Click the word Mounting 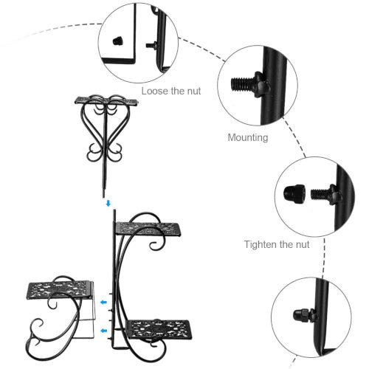point(248,137)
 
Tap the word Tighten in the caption point(261,245)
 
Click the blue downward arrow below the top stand point(108,203)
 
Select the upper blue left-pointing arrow point(104,302)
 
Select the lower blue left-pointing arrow point(104,331)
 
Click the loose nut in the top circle point(117,41)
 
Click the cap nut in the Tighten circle point(294,193)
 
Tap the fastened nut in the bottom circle point(301,315)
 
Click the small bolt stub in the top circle point(150,45)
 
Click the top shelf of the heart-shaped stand point(106,101)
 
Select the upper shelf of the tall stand point(148,229)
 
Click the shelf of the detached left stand point(58,290)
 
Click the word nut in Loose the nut point(194,92)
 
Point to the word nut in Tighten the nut point(303,245)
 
